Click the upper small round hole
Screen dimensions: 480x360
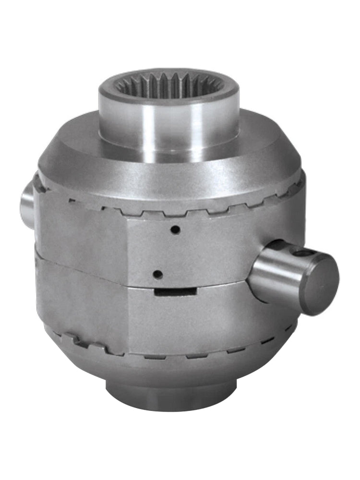(176, 230)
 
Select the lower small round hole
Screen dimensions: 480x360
(157, 275)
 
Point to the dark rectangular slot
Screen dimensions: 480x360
(176, 290)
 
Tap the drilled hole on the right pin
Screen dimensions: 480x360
(301, 253)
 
